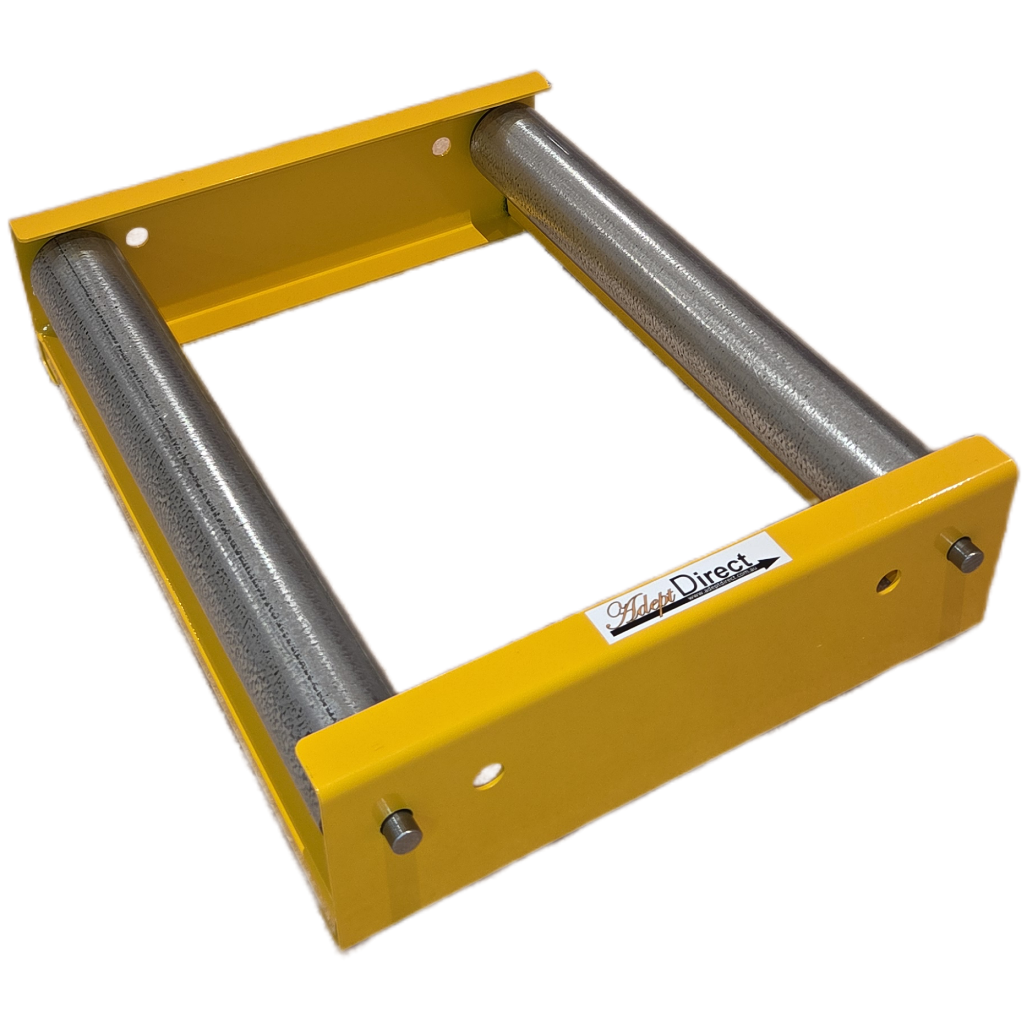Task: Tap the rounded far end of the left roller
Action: (x=69, y=255)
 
